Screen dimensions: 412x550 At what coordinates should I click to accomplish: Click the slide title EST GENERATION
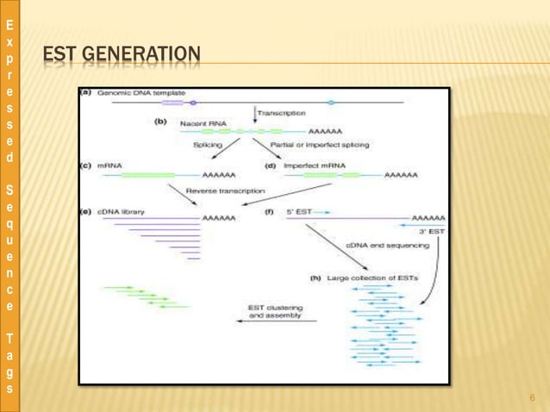(x=121, y=57)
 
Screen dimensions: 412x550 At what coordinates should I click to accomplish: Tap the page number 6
(x=533, y=397)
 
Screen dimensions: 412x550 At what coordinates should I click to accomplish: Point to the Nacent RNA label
(x=203, y=123)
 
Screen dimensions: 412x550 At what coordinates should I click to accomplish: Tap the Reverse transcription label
(x=226, y=190)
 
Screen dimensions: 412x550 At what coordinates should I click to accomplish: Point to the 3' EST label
(x=431, y=232)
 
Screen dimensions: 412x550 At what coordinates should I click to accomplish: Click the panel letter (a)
(x=86, y=91)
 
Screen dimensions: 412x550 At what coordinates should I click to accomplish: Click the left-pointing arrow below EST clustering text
(x=277, y=322)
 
